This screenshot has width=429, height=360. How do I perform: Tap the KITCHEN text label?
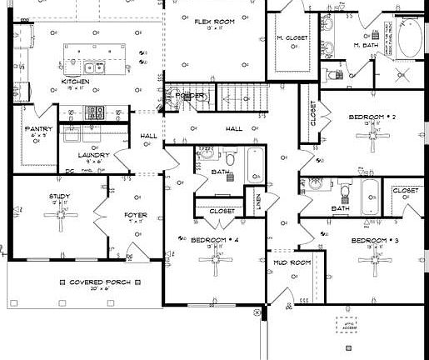(x=76, y=82)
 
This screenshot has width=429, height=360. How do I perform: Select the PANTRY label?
(x=39, y=129)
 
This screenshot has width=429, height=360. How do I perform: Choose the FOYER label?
(x=135, y=215)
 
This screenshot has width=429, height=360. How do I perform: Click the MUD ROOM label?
(x=292, y=262)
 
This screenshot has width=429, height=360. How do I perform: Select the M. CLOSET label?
(x=292, y=38)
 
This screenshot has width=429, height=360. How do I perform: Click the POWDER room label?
(x=190, y=96)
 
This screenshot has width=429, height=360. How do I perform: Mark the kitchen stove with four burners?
(x=94, y=110)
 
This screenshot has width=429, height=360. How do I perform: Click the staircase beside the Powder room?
(x=242, y=95)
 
